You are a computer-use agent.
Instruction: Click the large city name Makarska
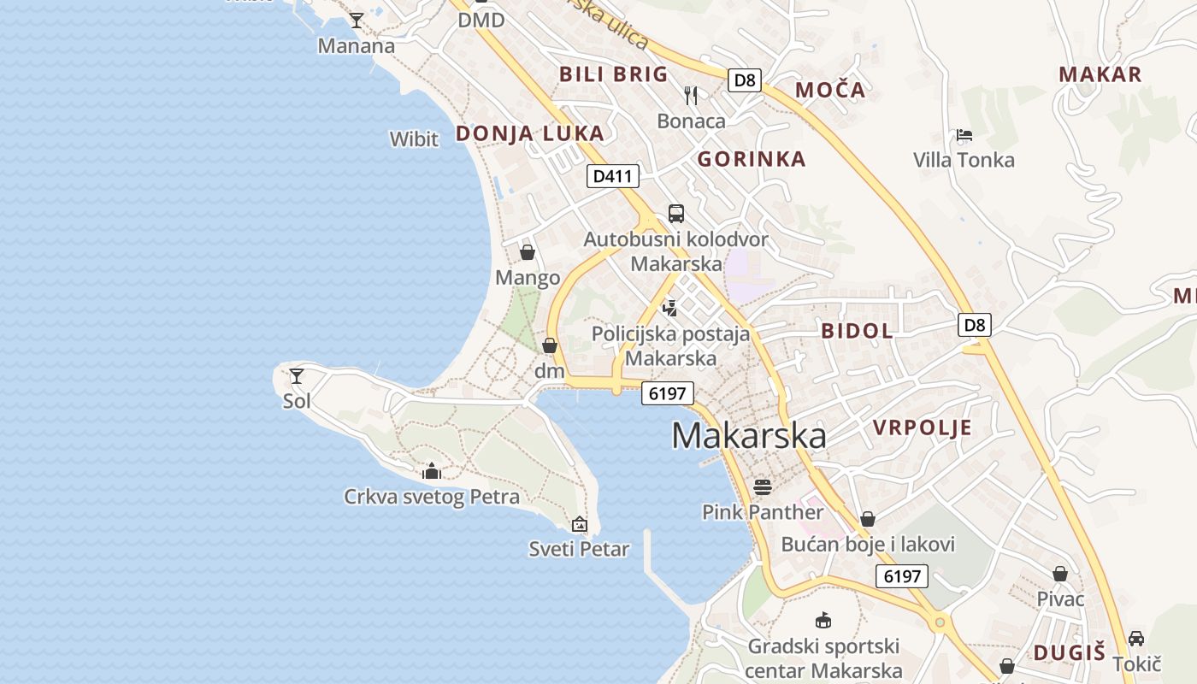[x=748, y=436]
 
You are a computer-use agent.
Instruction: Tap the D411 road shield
[x=613, y=177]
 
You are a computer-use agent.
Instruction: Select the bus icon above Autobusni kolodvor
[x=676, y=214]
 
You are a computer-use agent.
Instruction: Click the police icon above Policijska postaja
[x=671, y=308]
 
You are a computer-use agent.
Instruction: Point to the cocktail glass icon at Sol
[x=297, y=375]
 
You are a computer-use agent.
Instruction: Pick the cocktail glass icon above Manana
[x=357, y=20]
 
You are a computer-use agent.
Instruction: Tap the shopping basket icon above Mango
[x=528, y=252]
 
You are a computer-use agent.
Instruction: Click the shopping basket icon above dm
[x=550, y=345]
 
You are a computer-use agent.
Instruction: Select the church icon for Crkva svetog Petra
[x=432, y=471]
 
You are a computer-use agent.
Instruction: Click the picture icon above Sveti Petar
[x=580, y=523]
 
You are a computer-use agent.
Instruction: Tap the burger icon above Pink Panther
[x=763, y=486]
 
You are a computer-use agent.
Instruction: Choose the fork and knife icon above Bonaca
[x=691, y=95]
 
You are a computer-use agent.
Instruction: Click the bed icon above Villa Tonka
[x=964, y=135]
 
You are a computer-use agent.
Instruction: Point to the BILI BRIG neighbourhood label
[x=613, y=74]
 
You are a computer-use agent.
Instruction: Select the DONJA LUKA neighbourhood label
[x=529, y=133]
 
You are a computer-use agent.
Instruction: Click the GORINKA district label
[x=752, y=159]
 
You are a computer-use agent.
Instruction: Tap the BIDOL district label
[x=857, y=332]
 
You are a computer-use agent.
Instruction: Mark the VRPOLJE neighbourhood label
[x=923, y=428]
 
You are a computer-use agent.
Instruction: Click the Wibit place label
[x=414, y=139]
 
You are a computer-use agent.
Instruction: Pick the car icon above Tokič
[x=1136, y=639]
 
